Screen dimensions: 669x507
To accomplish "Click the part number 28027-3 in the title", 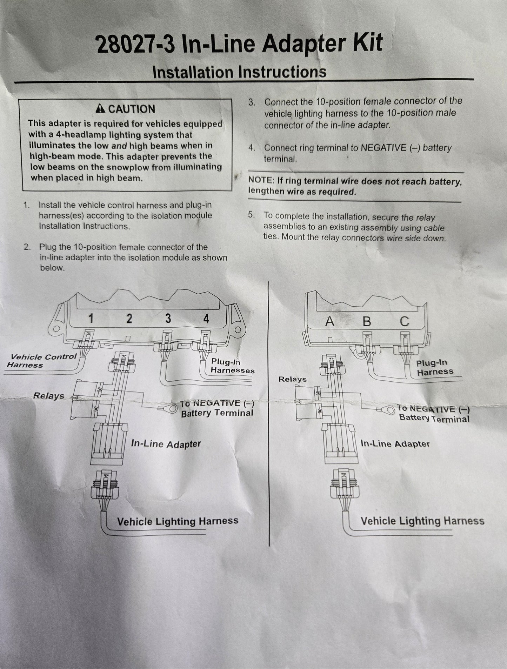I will [x=135, y=45].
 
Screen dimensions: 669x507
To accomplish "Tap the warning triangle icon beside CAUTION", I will [x=101, y=109].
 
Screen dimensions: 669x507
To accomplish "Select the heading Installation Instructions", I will [x=239, y=72].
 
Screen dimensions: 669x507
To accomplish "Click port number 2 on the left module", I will [x=129, y=319].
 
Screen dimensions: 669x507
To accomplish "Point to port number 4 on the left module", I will [x=206, y=319].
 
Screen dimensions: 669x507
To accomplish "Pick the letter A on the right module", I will [x=329, y=321].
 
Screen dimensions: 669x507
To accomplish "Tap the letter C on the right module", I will [x=404, y=321].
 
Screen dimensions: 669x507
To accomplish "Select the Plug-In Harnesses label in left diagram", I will [x=232, y=366].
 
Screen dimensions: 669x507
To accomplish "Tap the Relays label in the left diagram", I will [x=49, y=396].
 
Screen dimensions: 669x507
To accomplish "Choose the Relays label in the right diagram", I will [x=292, y=379].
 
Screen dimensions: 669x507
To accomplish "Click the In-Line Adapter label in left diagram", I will [x=166, y=444].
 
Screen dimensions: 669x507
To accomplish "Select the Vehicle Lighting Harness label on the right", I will [x=422, y=521].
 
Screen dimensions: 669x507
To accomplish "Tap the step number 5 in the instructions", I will [x=251, y=215].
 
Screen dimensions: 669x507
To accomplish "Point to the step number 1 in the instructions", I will [x=26, y=205].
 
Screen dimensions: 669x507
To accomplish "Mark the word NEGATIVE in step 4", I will [x=383, y=148].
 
